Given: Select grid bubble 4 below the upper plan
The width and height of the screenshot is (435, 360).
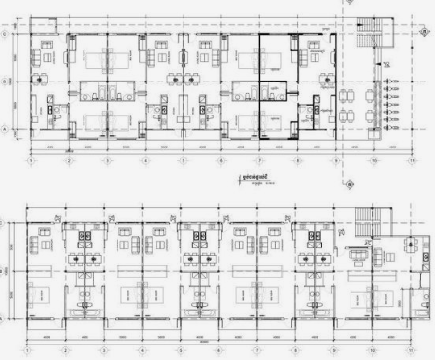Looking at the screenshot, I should pos(144,159).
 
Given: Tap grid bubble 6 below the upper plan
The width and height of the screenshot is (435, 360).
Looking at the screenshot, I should pos(220,159).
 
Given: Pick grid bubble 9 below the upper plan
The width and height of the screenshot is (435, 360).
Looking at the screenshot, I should pos(335,159).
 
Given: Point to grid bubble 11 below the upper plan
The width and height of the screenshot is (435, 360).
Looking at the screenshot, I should pos(411,159).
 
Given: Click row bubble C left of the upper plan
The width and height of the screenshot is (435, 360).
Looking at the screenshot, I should pos(7,34).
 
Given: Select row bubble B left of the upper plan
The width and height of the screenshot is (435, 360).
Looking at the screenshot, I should pos(7,82).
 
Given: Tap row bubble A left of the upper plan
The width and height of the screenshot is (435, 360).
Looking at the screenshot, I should pos(7,128).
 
